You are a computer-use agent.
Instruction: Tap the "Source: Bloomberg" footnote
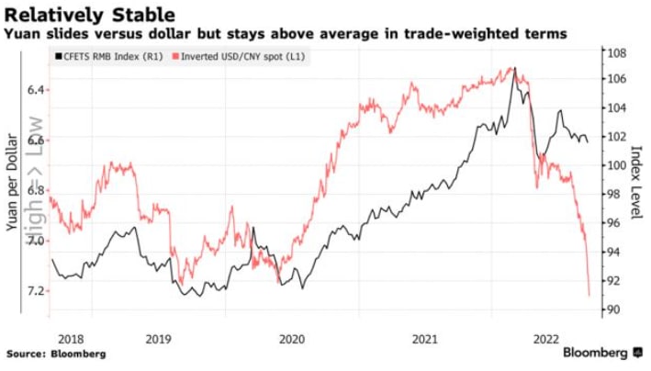(x=56, y=354)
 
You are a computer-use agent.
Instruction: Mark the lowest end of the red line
(x=589, y=296)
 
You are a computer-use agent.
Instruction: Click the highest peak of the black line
(x=515, y=67)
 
